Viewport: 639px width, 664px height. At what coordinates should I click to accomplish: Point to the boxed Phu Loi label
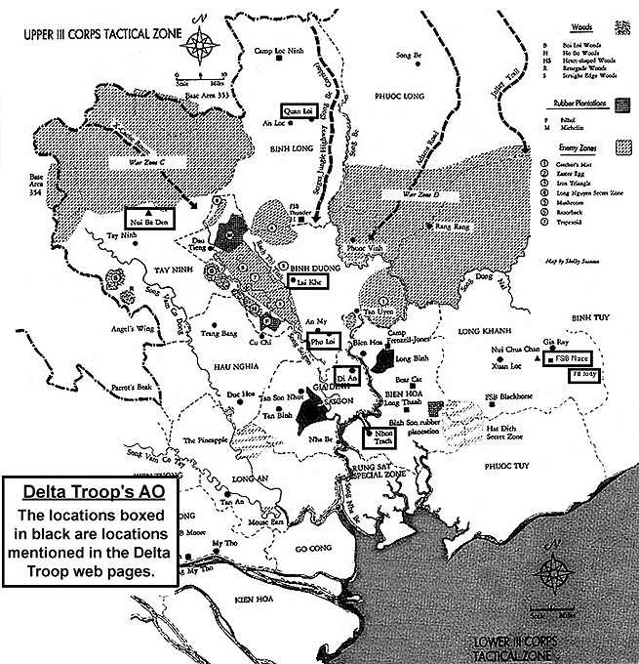tap(322, 342)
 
